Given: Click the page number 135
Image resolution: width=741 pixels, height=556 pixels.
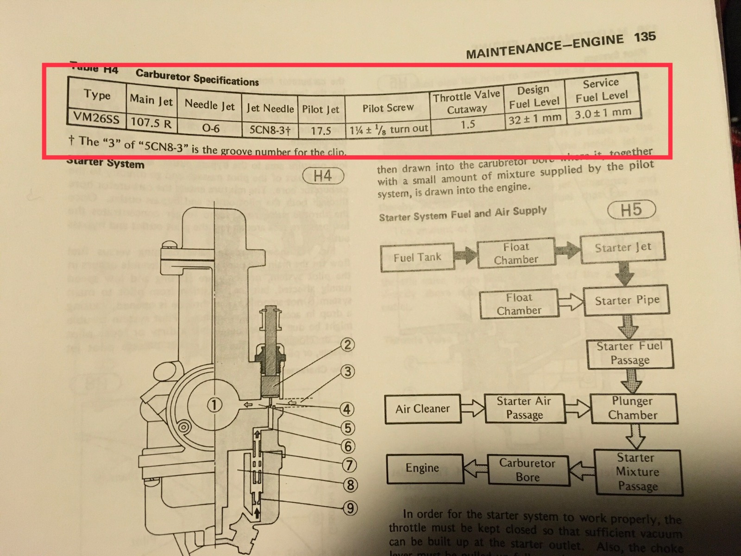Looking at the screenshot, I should pos(645,37).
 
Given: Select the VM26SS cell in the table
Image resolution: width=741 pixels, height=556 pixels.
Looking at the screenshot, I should pos(96,119).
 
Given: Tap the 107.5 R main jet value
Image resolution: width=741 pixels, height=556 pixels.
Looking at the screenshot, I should pos(151,123).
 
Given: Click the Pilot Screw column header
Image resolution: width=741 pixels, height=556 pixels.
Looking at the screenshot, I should pos(388,108).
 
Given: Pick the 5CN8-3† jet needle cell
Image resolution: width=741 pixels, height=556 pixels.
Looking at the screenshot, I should pos(270,129).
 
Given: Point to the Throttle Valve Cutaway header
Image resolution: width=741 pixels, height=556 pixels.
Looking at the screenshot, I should pos(466,102).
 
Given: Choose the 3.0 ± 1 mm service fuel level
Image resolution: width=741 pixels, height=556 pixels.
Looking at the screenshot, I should pos(603,113).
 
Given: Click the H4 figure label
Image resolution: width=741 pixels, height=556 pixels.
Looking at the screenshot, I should pos(322,177).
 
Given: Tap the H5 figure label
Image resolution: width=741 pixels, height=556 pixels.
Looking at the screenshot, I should pos(631,210).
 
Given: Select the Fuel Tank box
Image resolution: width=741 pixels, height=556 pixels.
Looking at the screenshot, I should pos(417,257).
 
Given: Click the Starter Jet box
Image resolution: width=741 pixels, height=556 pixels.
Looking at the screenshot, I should pos(622,248).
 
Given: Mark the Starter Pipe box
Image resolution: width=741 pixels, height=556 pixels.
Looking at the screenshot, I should pos(627,301).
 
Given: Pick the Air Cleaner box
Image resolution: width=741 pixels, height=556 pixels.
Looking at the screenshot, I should pos(422,409).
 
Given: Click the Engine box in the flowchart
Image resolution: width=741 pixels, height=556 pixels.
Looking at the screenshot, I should pos(422,468).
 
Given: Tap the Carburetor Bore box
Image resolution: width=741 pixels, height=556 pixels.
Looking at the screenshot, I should pos(527,470).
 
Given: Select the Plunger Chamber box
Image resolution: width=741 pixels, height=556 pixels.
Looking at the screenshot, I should pos(633,408).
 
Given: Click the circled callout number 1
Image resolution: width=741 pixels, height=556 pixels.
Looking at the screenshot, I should pos(214,405).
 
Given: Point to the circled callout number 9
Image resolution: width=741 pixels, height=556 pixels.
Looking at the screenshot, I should pos(350,508).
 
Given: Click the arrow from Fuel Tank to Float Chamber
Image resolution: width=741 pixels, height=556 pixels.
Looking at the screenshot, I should pos(465,254).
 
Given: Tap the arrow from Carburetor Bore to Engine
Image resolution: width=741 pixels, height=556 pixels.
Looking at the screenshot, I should pos(475,469).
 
